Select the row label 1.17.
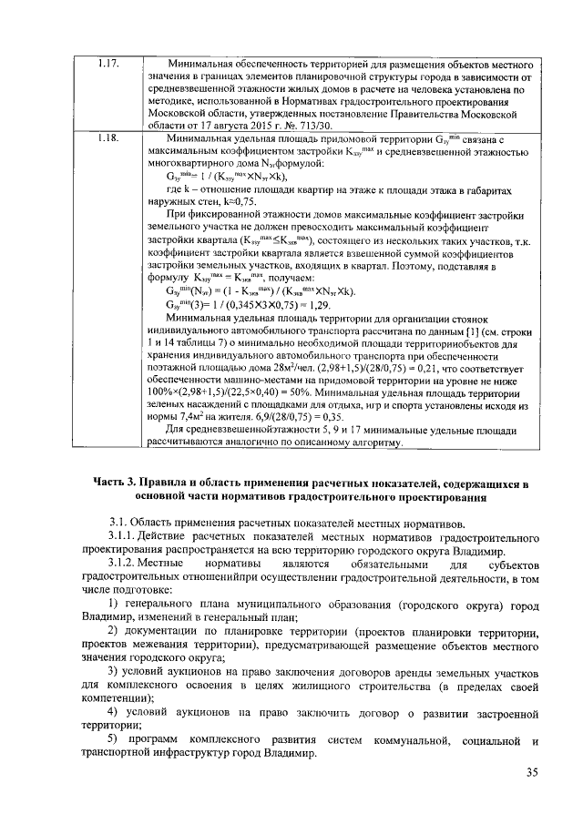point(107,66)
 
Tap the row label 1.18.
point(107,137)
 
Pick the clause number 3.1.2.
point(125,565)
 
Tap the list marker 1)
point(115,605)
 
